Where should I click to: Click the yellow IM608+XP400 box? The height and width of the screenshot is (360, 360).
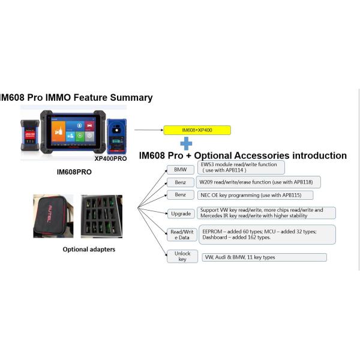coord(197,130)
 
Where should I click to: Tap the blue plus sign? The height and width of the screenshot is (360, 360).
coord(187,143)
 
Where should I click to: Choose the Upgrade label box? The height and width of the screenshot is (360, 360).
coord(180,213)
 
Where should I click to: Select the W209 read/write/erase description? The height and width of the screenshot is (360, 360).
coord(259,182)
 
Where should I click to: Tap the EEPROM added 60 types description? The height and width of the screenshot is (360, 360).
coord(266,234)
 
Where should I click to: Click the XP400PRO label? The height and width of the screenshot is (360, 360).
coord(115,159)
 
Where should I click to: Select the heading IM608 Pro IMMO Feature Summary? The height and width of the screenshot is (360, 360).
coord(76,97)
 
